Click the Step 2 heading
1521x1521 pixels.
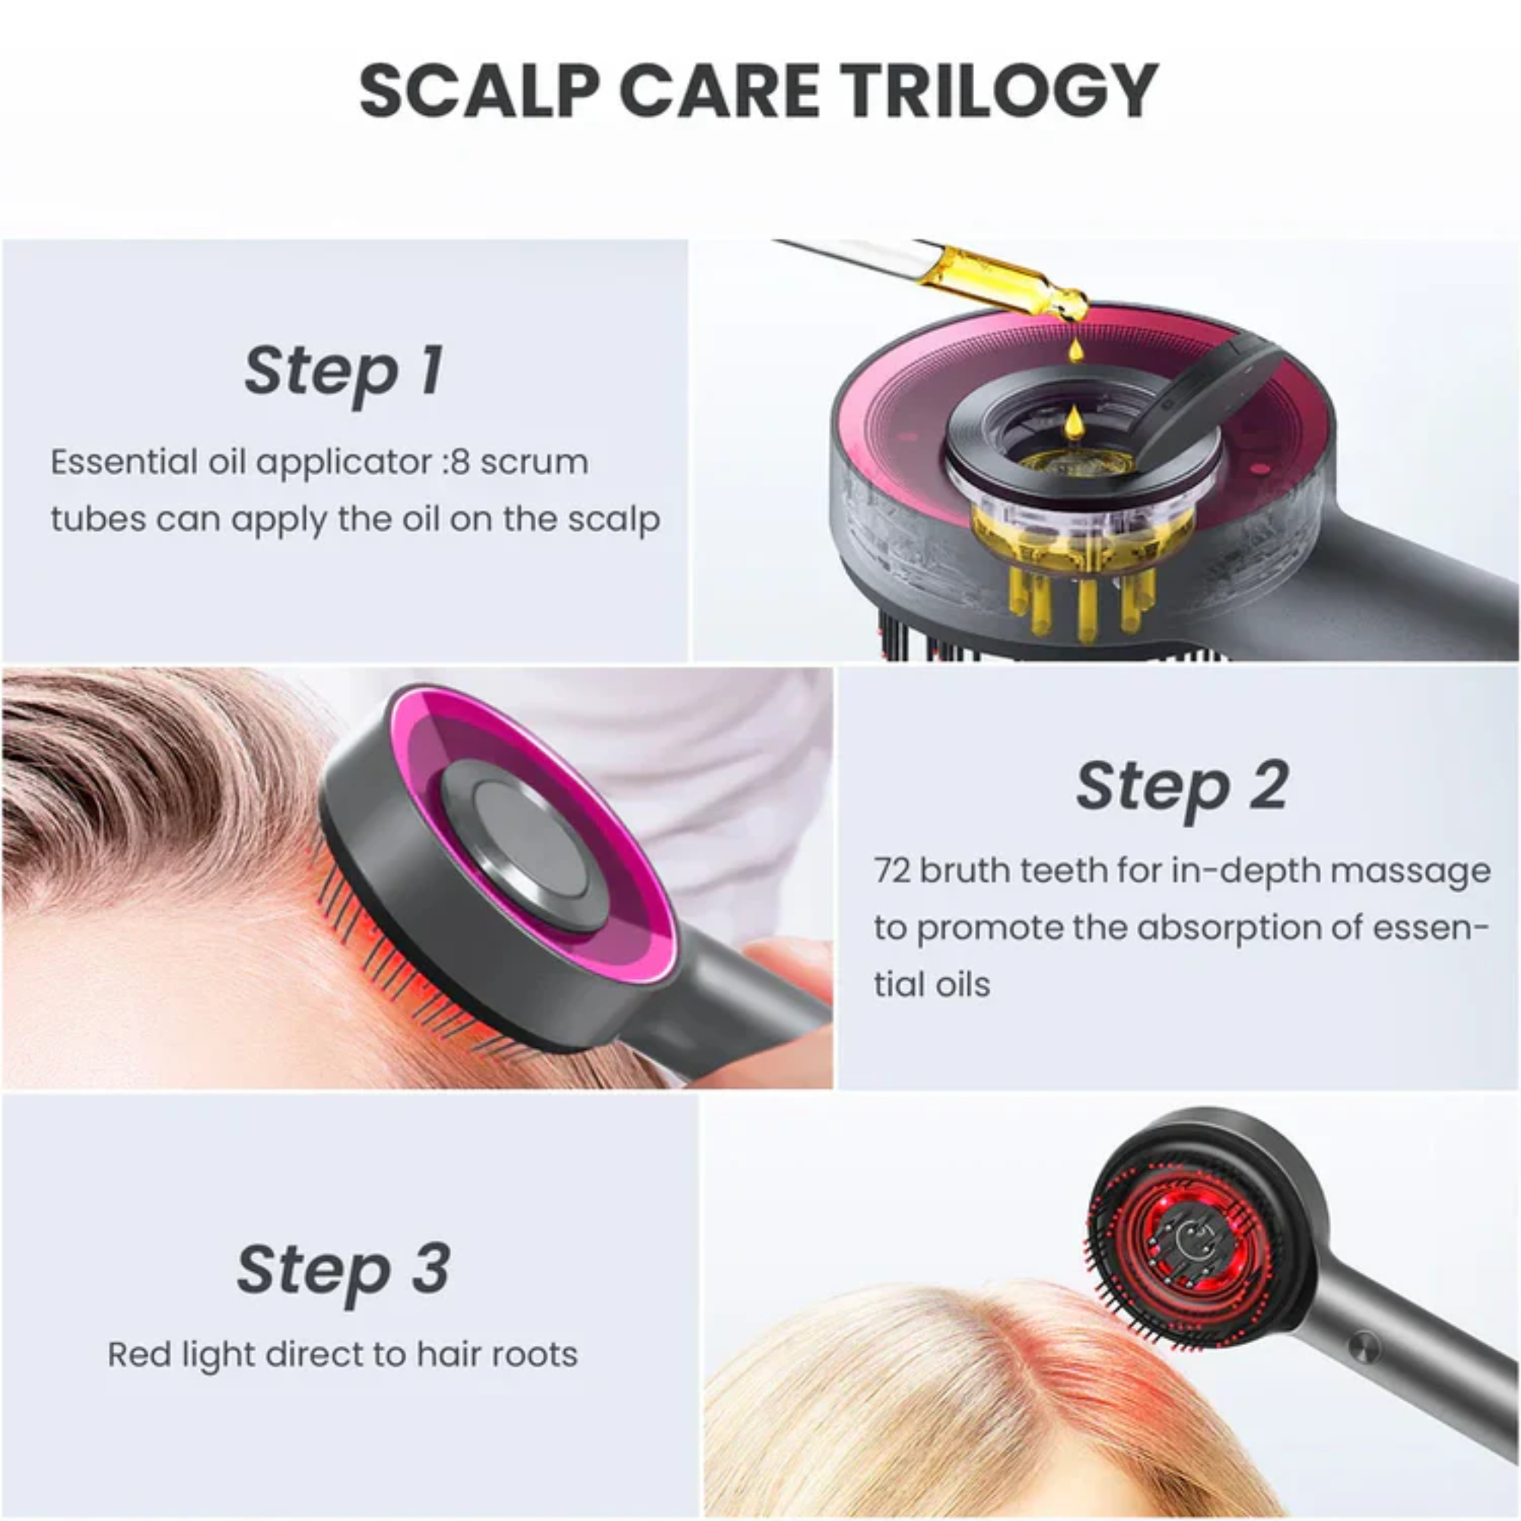(1182, 786)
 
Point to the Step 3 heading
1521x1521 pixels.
(344, 1269)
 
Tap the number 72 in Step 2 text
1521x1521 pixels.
(892, 872)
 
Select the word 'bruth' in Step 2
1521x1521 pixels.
(958, 872)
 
